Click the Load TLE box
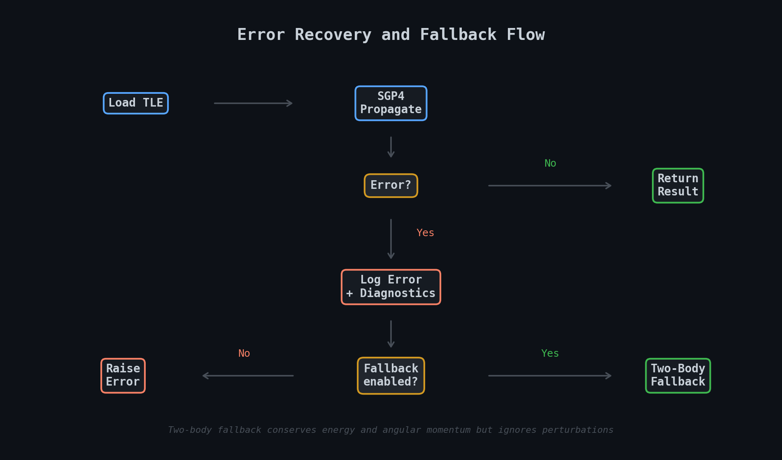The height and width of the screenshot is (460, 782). click(136, 103)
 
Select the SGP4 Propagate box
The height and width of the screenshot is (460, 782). click(391, 103)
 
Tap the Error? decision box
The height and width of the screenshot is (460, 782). click(391, 186)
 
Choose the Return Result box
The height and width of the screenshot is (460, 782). click(678, 186)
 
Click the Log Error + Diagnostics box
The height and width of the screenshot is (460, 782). click(391, 287)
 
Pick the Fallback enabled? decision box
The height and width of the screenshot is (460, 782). click(391, 375)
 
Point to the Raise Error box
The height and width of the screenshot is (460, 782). click(123, 375)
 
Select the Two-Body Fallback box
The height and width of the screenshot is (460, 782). click(678, 375)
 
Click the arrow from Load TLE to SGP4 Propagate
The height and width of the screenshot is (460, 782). click(253, 103)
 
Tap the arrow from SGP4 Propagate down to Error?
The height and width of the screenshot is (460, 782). click(391, 147)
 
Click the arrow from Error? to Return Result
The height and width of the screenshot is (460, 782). click(549, 186)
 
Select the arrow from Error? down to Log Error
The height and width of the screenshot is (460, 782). click(391, 239)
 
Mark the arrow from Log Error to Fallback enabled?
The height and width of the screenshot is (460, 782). click(391, 334)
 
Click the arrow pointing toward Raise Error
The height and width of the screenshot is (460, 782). click(248, 376)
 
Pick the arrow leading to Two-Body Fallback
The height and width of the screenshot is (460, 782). click(549, 376)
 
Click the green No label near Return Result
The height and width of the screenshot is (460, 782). click(550, 163)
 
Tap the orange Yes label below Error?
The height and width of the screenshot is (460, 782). click(425, 233)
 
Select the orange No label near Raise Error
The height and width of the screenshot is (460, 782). click(244, 353)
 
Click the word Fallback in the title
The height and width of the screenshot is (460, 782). click(458, 35)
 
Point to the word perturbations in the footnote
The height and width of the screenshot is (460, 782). click(577, 430)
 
